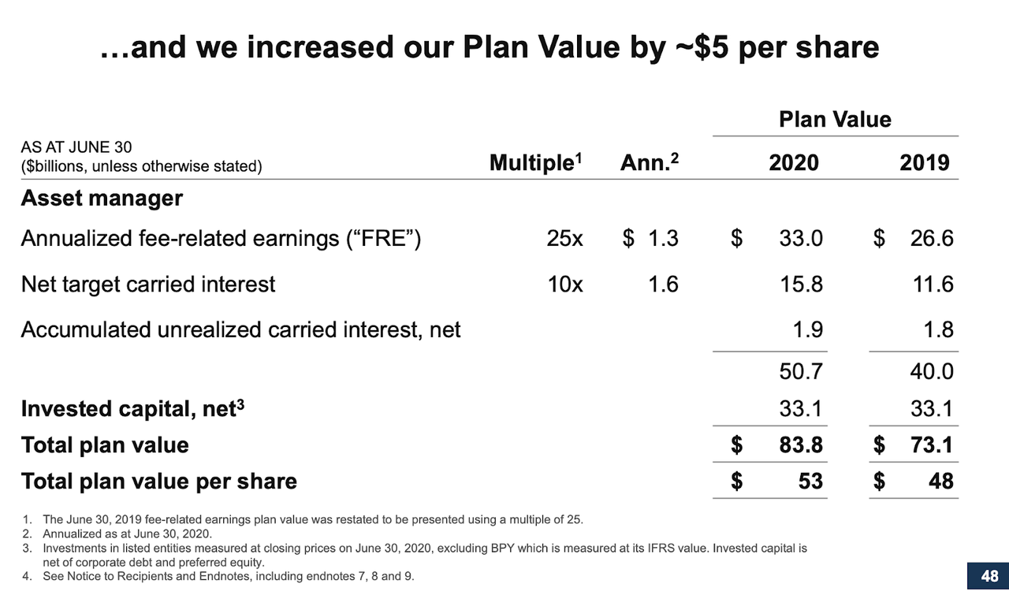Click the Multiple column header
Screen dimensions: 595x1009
(535, 163)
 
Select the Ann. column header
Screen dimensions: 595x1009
(649, 163)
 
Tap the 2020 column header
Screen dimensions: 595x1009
(793, 163)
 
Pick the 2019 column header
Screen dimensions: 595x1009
(924, 163)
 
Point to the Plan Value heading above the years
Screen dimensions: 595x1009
(835, 120)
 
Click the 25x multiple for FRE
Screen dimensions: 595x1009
(564, 239)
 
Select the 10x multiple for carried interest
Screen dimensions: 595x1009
(564, 284)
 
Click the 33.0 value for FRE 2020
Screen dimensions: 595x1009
(801, 239)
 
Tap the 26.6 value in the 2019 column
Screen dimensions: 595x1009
(931, 239)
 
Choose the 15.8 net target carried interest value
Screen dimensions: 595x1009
(801, 284)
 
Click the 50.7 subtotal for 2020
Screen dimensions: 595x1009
(801, 371)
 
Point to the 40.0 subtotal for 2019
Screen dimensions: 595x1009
(931, 371)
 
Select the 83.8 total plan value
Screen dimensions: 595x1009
(801, 445)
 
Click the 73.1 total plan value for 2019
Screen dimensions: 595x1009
(931, 445)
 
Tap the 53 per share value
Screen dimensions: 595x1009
(810, 481)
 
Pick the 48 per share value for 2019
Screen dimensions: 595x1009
(940, 481)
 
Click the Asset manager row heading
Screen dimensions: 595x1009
(102, 199)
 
